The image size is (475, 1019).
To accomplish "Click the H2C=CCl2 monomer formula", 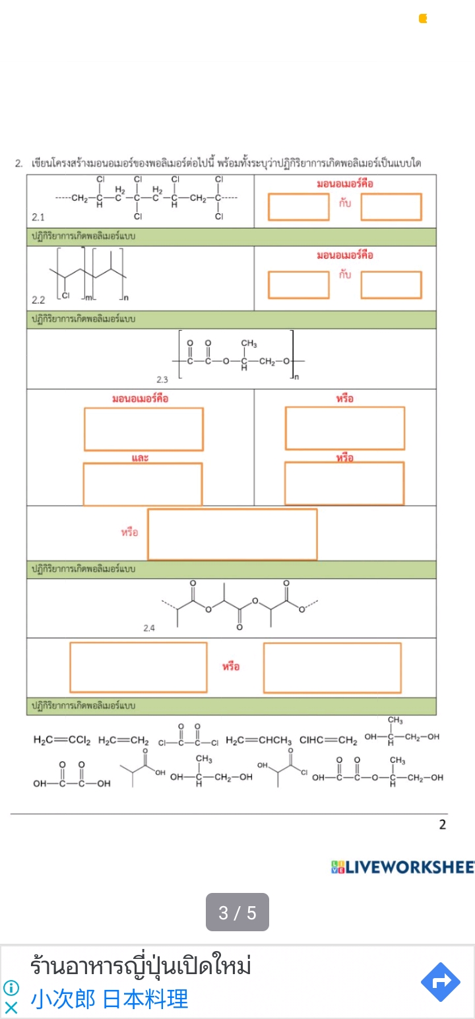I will tap(63, 740).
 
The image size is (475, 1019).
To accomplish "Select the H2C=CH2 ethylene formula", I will tap(123, 740).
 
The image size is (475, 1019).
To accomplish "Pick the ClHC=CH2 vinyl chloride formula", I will tap(328, 740).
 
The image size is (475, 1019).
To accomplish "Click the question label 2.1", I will tap(38, 216).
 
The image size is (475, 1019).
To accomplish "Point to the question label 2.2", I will tap(38, 300).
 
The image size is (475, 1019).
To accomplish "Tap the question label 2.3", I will tap(162, 379).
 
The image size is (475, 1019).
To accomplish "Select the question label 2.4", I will tap(149, 628).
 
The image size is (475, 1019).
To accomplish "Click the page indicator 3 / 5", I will tap(237, 913).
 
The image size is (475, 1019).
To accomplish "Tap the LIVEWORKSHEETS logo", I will tap(403, 867).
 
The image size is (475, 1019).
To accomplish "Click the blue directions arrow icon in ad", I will tap(440, 981).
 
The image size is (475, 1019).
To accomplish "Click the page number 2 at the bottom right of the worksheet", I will tap(442, 824).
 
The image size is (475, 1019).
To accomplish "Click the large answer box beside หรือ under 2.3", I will tap(232, 534).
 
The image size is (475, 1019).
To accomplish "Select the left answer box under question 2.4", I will tap(139, 667).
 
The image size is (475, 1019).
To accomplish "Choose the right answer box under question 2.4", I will tap(332, 667).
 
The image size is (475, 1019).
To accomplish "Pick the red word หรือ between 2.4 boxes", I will tap(231, 667).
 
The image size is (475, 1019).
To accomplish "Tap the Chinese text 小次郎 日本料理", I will tap(110, 999).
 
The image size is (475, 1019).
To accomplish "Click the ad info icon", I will tap(11, 988).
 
